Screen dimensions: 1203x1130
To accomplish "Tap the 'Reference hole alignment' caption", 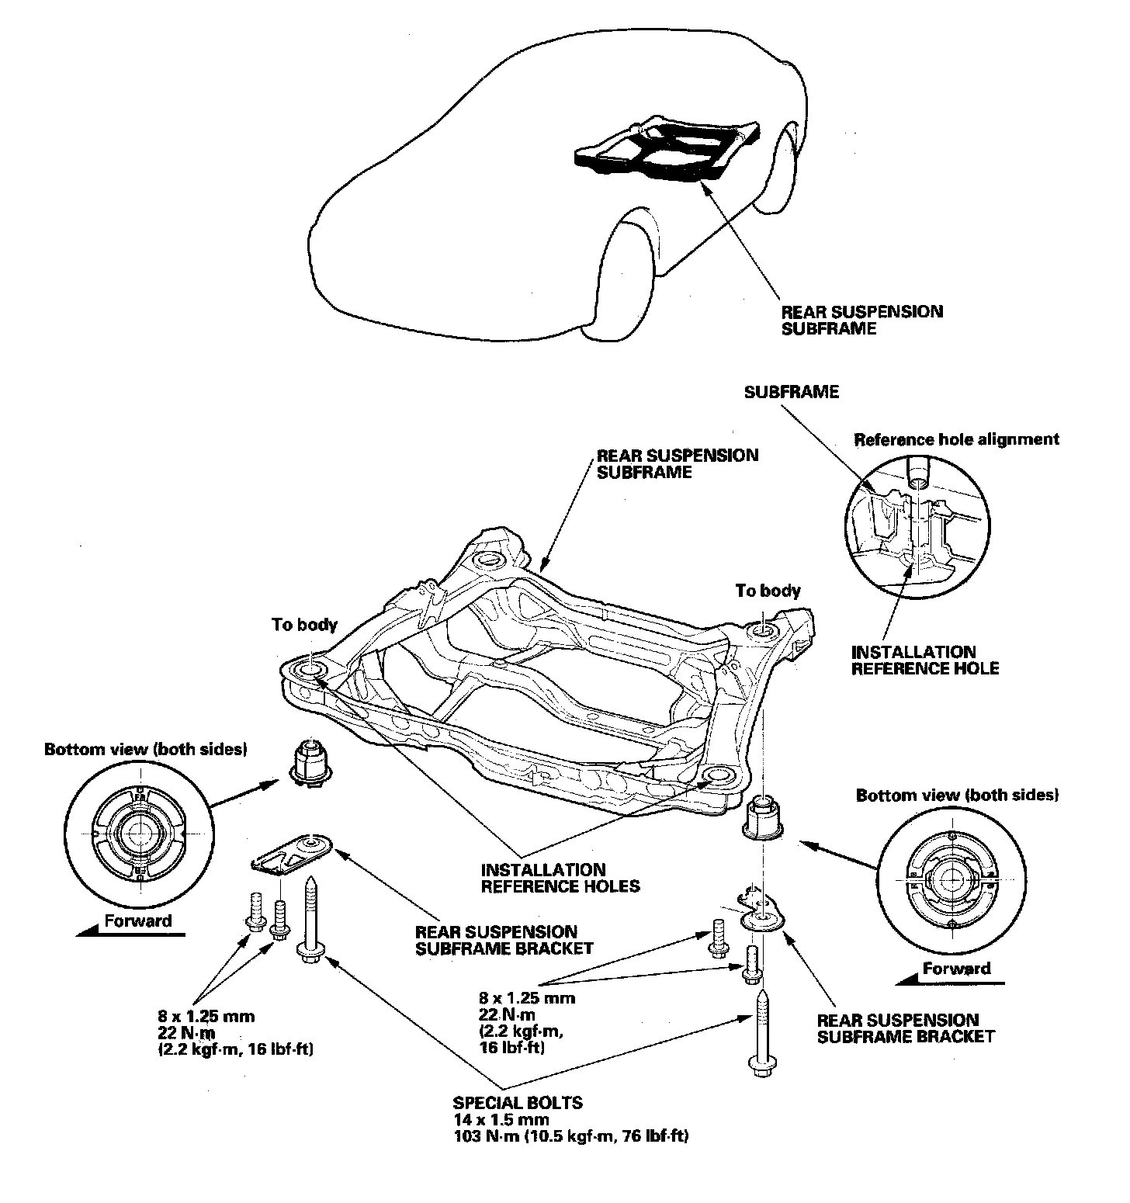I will click(956, 439).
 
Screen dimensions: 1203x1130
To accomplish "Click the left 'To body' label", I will click(304, 624).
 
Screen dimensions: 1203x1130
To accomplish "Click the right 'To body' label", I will click(768, 591).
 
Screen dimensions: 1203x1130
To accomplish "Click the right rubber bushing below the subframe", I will click(765, 819).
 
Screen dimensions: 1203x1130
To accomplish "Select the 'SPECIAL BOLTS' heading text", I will click(518, 1102).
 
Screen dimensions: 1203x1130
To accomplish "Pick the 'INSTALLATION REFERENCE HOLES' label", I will click(560, 877).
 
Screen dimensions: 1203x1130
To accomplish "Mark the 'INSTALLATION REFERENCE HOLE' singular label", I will click(924, 660).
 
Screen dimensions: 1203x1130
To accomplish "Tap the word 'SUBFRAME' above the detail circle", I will click(791, 392).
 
